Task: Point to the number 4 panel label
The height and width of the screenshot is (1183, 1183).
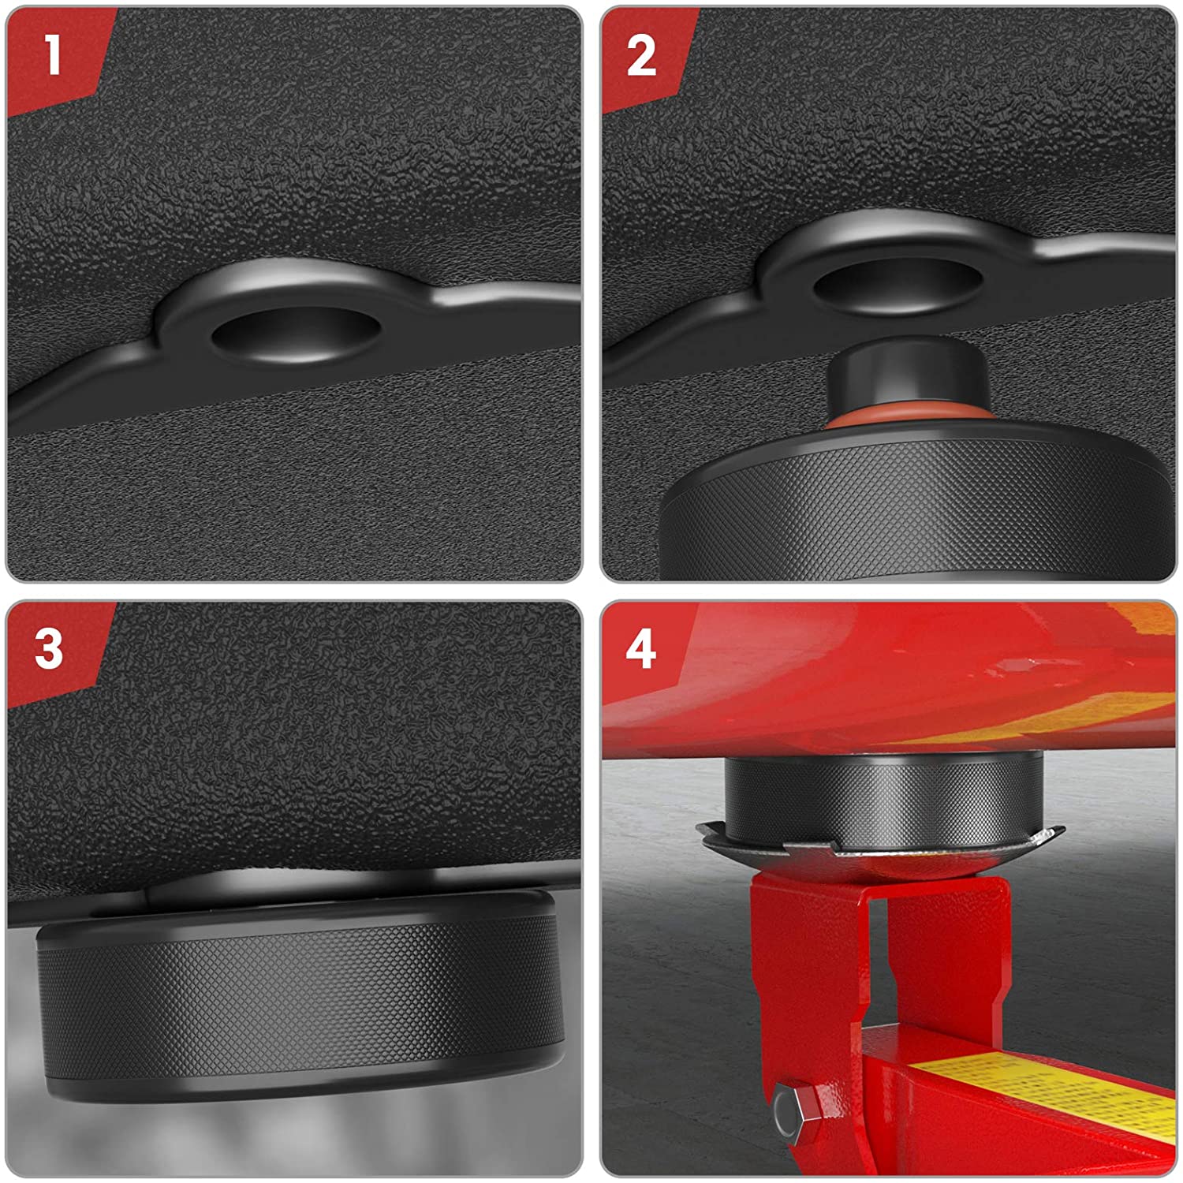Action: tap(641, 650)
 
